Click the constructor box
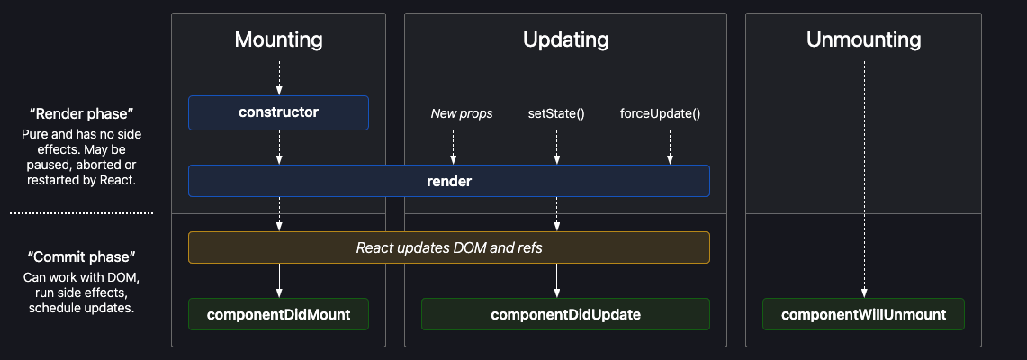coord(278,112)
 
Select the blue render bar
coord(448,181)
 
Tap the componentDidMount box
coord(278,314)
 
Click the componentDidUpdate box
coord(565,314)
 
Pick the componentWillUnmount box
coord(863,314)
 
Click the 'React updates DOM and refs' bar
coord(448,247)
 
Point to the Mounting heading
coord(278,40)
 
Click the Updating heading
coord(565,40)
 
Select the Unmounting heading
coord(863,40)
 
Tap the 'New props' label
coord(462,113)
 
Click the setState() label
coord(556,113)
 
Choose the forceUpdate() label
coord(660,113)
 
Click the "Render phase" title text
coord(81,113)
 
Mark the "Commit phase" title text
coord(81,257)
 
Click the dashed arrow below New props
coord(453,147)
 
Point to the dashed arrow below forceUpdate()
coord(670,147)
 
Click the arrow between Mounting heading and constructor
coord(279,77)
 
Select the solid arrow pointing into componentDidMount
coord(279,280)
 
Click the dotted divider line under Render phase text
coord(81,213)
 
